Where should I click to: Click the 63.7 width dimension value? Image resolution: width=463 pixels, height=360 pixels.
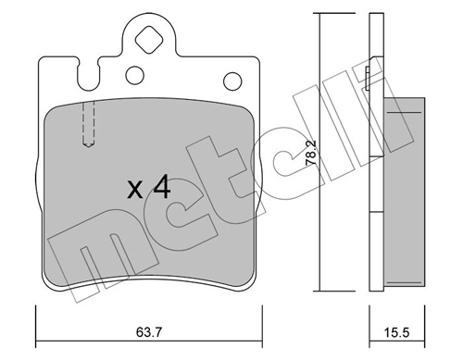[x=149, y=332]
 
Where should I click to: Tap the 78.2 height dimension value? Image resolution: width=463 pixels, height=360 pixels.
[x=311, y=154]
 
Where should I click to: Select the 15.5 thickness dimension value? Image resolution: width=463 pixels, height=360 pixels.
[x=396, y=332]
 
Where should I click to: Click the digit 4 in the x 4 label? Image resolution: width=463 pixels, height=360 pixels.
[x=162, y=186]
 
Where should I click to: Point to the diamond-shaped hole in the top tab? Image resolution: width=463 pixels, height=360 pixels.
[x=149, y=40]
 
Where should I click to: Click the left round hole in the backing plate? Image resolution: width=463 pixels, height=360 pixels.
[x=135, y=75]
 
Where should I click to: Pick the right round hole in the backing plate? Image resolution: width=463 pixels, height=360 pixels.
[x=232, y=81]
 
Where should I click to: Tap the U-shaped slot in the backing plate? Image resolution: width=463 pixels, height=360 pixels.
[x=88, y=75]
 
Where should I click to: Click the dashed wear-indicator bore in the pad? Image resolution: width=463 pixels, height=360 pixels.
[x=89, y=124]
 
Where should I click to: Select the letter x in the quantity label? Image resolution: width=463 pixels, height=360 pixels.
[x=135, y=190]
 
